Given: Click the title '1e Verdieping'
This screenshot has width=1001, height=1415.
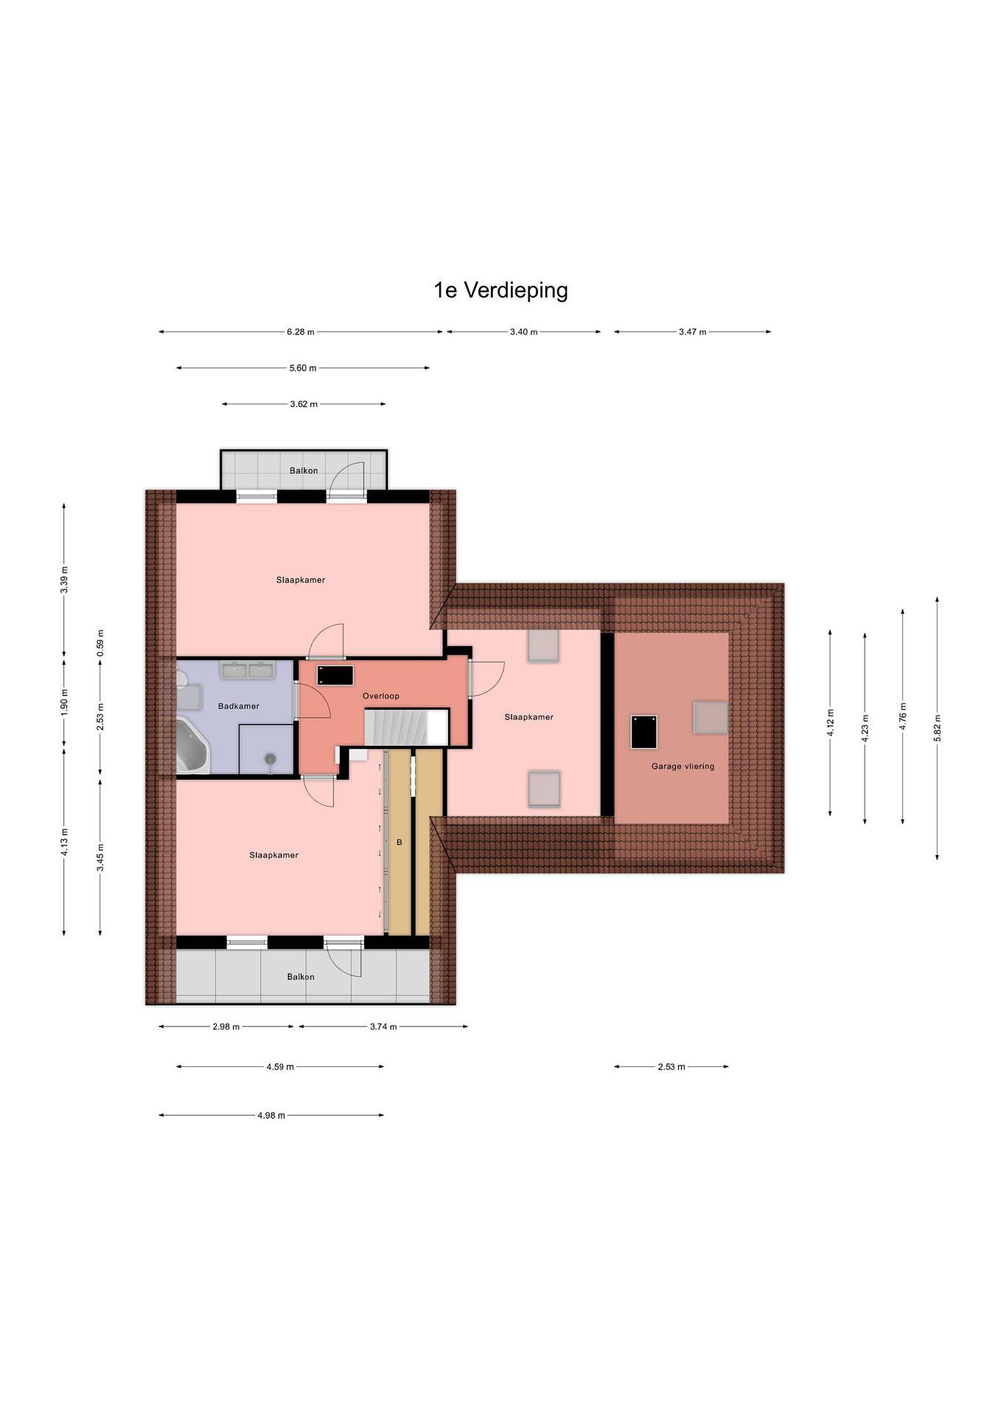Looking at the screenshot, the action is point(500,290).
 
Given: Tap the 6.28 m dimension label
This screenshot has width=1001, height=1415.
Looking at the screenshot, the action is point(300,332).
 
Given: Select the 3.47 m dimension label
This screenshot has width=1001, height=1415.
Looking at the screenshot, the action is point(692,332).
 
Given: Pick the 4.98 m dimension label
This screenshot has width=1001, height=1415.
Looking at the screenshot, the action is point(271,1115).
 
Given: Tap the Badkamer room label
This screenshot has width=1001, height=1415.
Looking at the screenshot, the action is point(238,706).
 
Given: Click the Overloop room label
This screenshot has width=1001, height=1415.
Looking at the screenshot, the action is point(381,696).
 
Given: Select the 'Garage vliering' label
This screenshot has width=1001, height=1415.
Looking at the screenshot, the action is point(683,766).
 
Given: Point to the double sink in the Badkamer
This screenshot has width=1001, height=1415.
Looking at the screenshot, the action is point(248,670).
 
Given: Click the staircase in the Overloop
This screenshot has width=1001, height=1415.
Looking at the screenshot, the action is point(406,727).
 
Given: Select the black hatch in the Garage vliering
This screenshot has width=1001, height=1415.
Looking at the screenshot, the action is point(644,732).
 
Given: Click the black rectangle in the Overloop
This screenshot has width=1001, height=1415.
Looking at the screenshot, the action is point(335,675).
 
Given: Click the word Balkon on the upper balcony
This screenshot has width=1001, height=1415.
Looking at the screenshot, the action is point(304,470).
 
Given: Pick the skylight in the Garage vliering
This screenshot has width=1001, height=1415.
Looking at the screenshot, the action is point(710,717).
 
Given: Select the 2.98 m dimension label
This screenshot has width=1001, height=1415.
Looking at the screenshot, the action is point(226,1027).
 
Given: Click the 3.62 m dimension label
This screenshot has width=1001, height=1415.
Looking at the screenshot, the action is point(304,404).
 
